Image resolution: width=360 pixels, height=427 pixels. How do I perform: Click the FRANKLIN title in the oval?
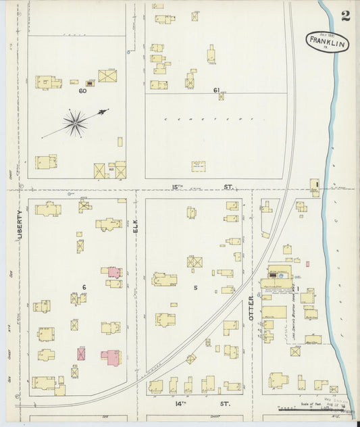click(327, 42)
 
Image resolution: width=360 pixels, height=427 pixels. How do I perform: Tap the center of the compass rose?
click(75, 124)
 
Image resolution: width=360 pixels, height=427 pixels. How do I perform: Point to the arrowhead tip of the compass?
click(107, 110)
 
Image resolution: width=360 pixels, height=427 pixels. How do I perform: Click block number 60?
click(82, 91)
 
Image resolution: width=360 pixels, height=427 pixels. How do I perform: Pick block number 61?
click(216, 91)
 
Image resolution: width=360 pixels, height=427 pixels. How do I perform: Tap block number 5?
click(195, 287)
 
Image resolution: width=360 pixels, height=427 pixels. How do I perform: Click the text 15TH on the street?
click(177, 187)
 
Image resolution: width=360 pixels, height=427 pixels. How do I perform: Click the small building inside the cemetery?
click(198, 166)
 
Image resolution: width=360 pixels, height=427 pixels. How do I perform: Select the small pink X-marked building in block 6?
click(81, 353)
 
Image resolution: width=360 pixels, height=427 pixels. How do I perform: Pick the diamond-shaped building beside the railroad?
click(191, 359)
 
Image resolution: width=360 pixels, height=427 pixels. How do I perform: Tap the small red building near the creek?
click(307, 263)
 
